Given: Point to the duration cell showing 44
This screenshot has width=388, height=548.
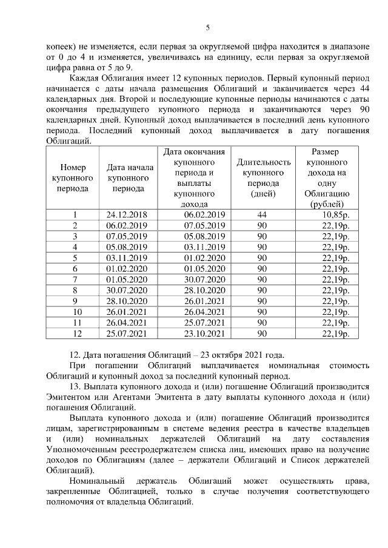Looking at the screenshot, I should [262, 215].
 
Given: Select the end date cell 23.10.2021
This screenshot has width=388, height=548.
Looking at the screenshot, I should [204, 334].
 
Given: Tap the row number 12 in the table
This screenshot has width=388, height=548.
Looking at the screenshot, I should [76, 334].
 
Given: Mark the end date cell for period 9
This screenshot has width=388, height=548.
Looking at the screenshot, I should [204, 301].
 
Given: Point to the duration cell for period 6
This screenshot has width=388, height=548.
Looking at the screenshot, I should [262, 269].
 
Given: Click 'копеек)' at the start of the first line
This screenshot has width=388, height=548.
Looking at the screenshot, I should [61, 45].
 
